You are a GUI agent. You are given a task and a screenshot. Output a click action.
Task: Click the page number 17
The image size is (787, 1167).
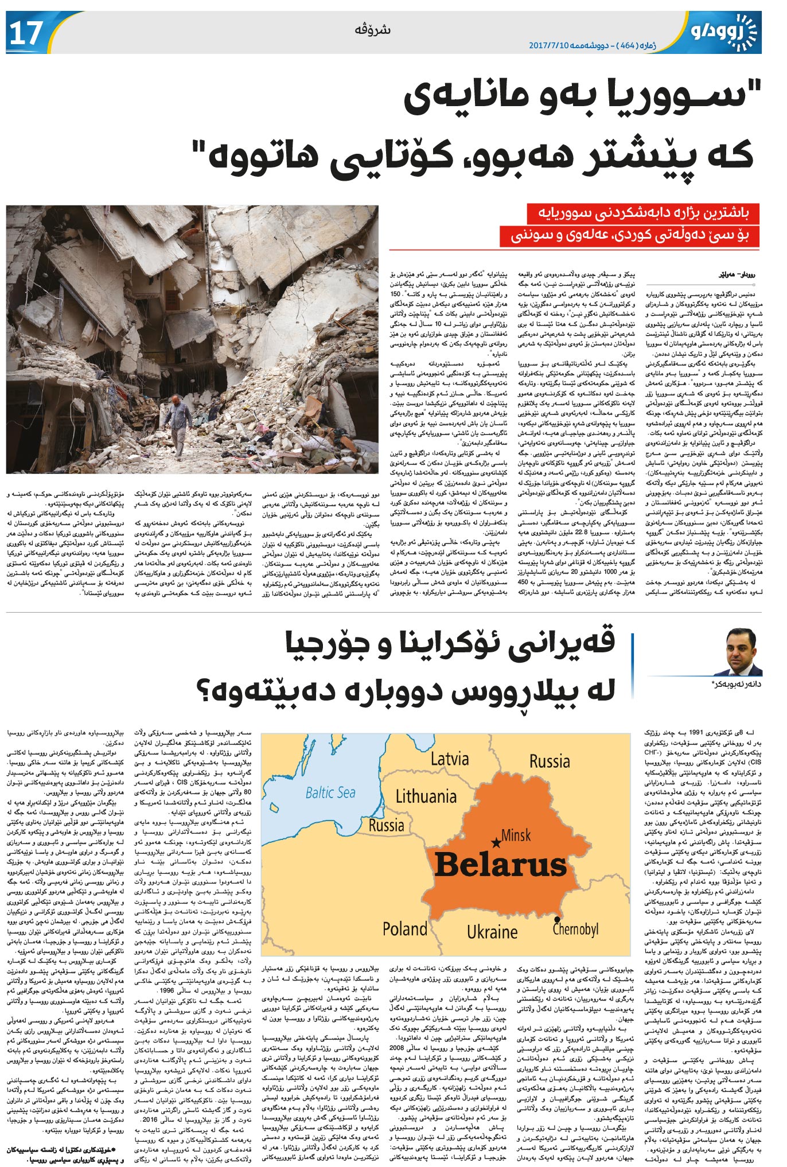point(25,33)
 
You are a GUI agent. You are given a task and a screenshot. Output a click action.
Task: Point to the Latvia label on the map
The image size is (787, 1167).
point(449,759)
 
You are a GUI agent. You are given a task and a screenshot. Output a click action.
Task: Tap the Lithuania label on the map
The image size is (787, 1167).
point(426,796)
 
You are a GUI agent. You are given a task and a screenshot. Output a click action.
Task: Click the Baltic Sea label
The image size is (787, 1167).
point(330,792)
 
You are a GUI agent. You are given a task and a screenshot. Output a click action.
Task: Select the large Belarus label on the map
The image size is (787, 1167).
point(500,865)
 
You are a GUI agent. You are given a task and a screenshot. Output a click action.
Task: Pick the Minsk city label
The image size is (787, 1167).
point(516,835)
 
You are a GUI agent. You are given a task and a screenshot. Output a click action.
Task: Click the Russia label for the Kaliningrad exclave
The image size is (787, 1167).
point(386,826)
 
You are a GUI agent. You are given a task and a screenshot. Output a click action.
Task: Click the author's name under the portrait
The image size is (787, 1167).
point(737,684)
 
